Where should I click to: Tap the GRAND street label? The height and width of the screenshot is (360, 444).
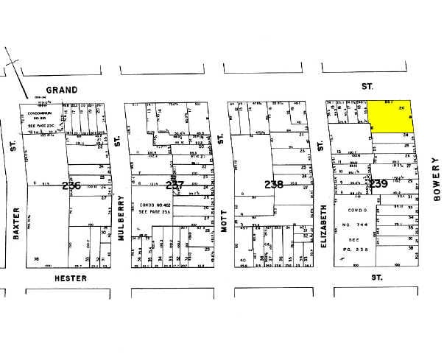point(65,90)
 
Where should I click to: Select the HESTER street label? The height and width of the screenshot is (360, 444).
point(71,278)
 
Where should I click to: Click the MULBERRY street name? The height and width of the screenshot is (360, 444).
point(118,213)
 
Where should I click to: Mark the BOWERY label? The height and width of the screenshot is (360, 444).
point(435,182)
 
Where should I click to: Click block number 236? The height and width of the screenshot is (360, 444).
point(71,186)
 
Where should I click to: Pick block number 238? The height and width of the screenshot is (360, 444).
point(273,184)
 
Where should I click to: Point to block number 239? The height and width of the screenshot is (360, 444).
point(379,183)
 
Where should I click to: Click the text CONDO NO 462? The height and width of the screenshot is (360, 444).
point(157,204)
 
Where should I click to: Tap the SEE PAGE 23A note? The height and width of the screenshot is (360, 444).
point(157,212)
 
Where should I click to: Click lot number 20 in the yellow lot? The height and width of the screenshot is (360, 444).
point(401,107)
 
